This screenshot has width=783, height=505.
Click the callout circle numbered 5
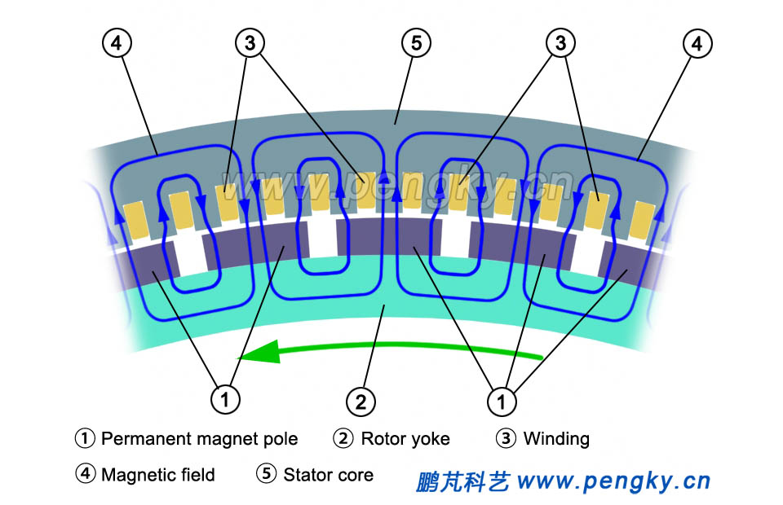(x=416, y=43)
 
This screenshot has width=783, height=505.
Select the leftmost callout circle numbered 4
(x=117, y=43)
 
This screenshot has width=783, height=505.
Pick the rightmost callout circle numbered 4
(x=696, y=43)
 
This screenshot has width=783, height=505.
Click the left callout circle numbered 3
(x=250, y=43)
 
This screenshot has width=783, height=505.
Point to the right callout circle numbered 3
(x=560, y=43)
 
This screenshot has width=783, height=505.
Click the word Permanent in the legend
(x=144, y=439)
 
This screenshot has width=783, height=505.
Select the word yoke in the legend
(x=429, y=439)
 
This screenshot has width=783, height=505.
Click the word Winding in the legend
(x=556, y=439)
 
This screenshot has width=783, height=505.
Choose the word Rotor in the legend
(x=383, y=439)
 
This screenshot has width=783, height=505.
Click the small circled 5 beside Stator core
(x=266, y=474)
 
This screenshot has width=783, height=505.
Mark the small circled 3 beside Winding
(x=506, y=438)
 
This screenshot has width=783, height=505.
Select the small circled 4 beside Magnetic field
(x=85, y=474)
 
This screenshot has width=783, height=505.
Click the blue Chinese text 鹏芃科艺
(x=462, y=481)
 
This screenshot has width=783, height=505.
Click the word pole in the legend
(x=280, y=439)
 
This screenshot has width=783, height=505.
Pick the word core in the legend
(x=355, y=475)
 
